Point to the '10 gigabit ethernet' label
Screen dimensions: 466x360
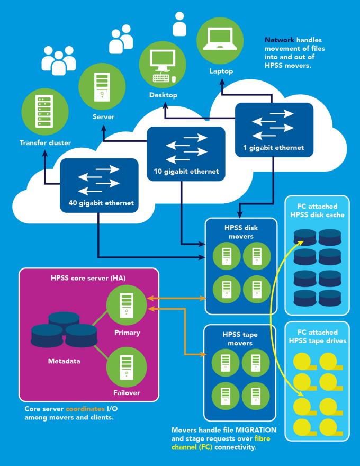182,172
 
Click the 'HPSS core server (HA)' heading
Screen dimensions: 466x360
88,278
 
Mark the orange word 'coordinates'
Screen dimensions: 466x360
87,409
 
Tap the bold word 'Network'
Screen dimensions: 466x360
278,40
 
